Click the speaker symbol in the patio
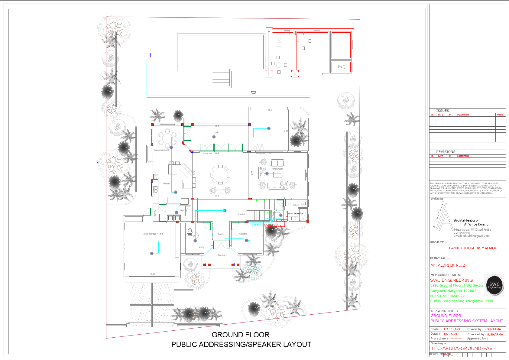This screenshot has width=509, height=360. pyautogui.click(x=214, y=137)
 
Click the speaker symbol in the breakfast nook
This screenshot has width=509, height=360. pyautogui.click(x=171, y=147)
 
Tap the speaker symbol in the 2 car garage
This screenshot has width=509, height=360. pyautogui.click(x=152, y=253)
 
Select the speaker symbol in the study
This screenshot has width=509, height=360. pyautogui.click(x=195, y=241)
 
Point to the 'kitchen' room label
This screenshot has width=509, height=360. pyautogui.click(x=166, y=183)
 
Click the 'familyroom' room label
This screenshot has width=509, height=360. pyautogui.click(x=277, y=169)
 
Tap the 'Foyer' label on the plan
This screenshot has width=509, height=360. pyautogui.click(x=221, y=234)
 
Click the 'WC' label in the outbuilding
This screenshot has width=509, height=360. pyautogui.click(x=342, y=66)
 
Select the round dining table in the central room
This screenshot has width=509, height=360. pyautogui.click(x=220, y=174)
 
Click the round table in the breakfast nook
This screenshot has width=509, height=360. pyautogui.click(x=166, y=138)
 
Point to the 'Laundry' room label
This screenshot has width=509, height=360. pyautogui.click(x=183, y=210)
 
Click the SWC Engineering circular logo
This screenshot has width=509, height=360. pyautogui.click(x=494, y=285)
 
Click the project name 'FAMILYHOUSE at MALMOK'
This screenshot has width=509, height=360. pyautogui.click(x=473, y=248)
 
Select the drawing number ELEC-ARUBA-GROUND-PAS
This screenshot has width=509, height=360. pyautogui.click(x=461, y=348)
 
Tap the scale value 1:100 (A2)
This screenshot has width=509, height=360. pyautogui.click(x=452, y=329)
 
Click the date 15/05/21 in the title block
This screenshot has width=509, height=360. pyautogui.click(x=450, y=334)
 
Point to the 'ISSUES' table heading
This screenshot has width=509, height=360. pyautogui.click(x=443, y=111)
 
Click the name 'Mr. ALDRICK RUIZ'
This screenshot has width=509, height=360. pyautogui.click(x=448, y=265)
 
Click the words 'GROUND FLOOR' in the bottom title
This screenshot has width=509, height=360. pyautogui.click(x=240, y=335)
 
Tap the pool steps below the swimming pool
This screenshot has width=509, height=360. pyautogui.click(x=221, y=78)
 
